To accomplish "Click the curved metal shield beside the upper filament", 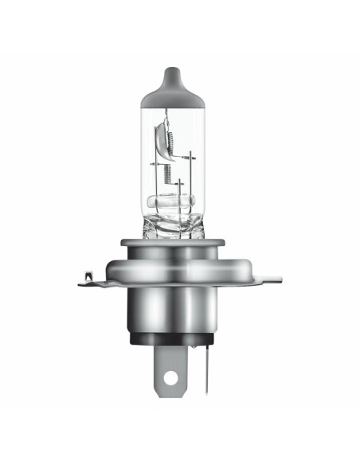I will pyautogui.click(x=161, y=135).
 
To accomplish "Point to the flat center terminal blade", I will pyautogui.click(x=170, y=362).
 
